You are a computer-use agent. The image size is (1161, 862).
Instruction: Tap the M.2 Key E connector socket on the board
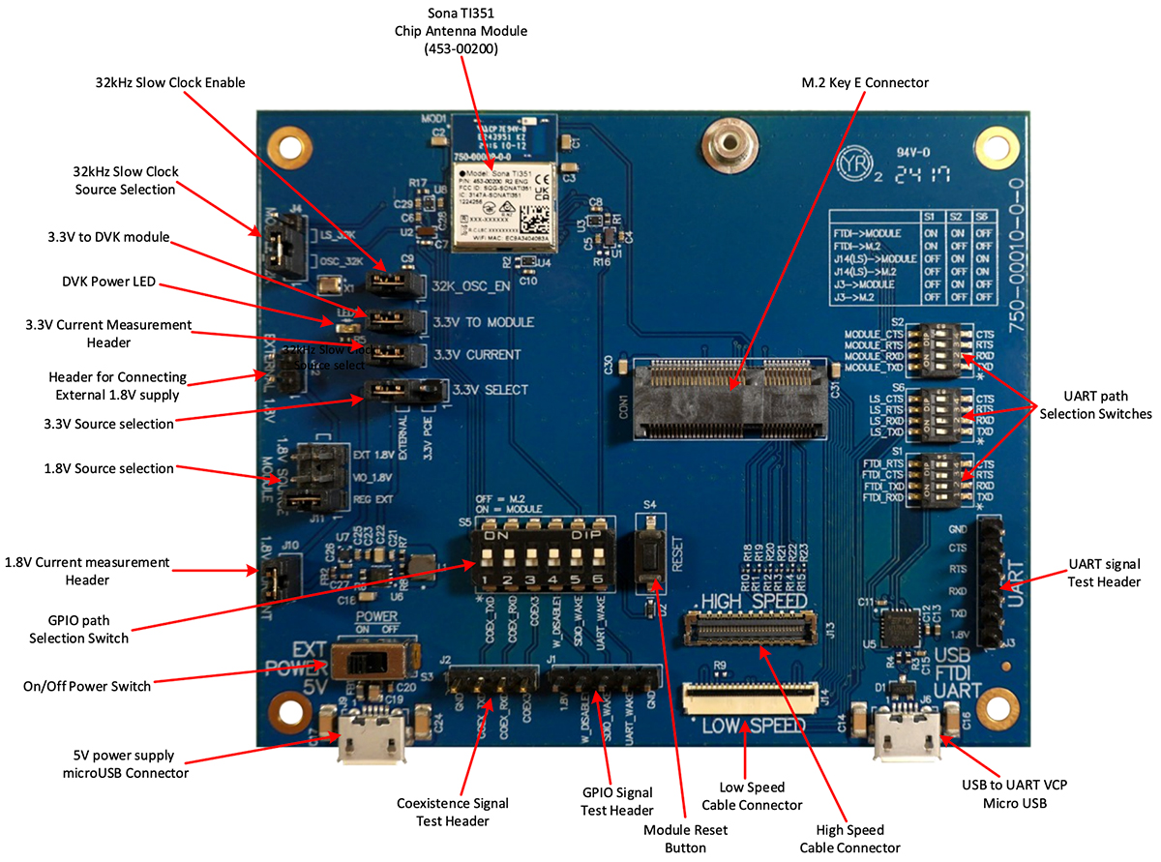click(x=732, y=397)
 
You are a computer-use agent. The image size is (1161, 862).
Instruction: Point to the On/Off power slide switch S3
click(x=368, y=663)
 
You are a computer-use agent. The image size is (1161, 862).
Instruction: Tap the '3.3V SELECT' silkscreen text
click(x=490, y=390)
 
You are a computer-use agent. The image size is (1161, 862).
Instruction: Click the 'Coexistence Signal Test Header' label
click(x=453, y=812)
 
